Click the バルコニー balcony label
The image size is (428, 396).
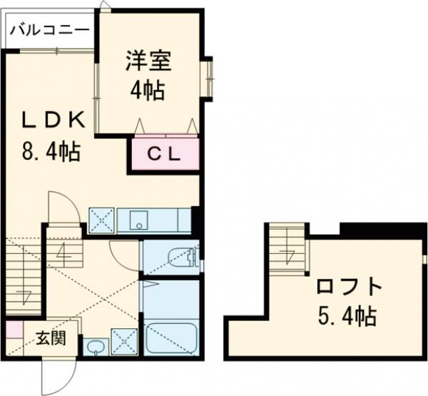point(49,30)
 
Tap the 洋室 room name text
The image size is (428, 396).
point(149,61)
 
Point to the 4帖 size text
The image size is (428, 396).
point(149,91)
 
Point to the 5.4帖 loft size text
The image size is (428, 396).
point(348,316)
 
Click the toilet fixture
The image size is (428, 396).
point(183,257)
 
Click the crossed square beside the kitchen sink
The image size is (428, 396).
point(101,220)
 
